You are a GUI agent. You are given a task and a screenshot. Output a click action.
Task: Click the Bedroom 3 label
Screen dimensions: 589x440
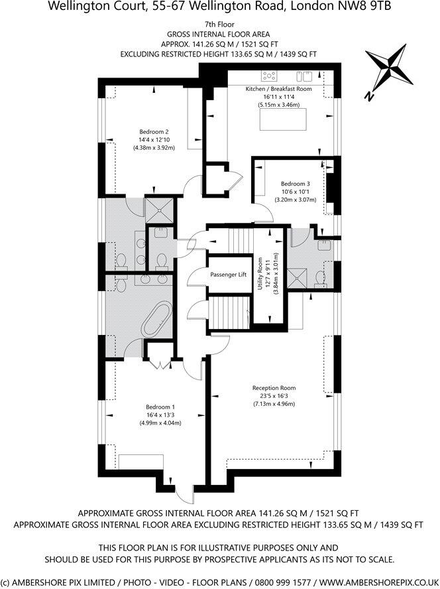click(x=295, y=184)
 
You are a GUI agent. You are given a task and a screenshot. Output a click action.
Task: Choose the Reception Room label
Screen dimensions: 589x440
click(x=274, y=388)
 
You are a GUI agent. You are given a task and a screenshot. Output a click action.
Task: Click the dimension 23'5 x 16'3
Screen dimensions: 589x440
click(x=274, y=396)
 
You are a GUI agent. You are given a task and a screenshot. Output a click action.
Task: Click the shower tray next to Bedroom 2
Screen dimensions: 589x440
click(x=158, y=210)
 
